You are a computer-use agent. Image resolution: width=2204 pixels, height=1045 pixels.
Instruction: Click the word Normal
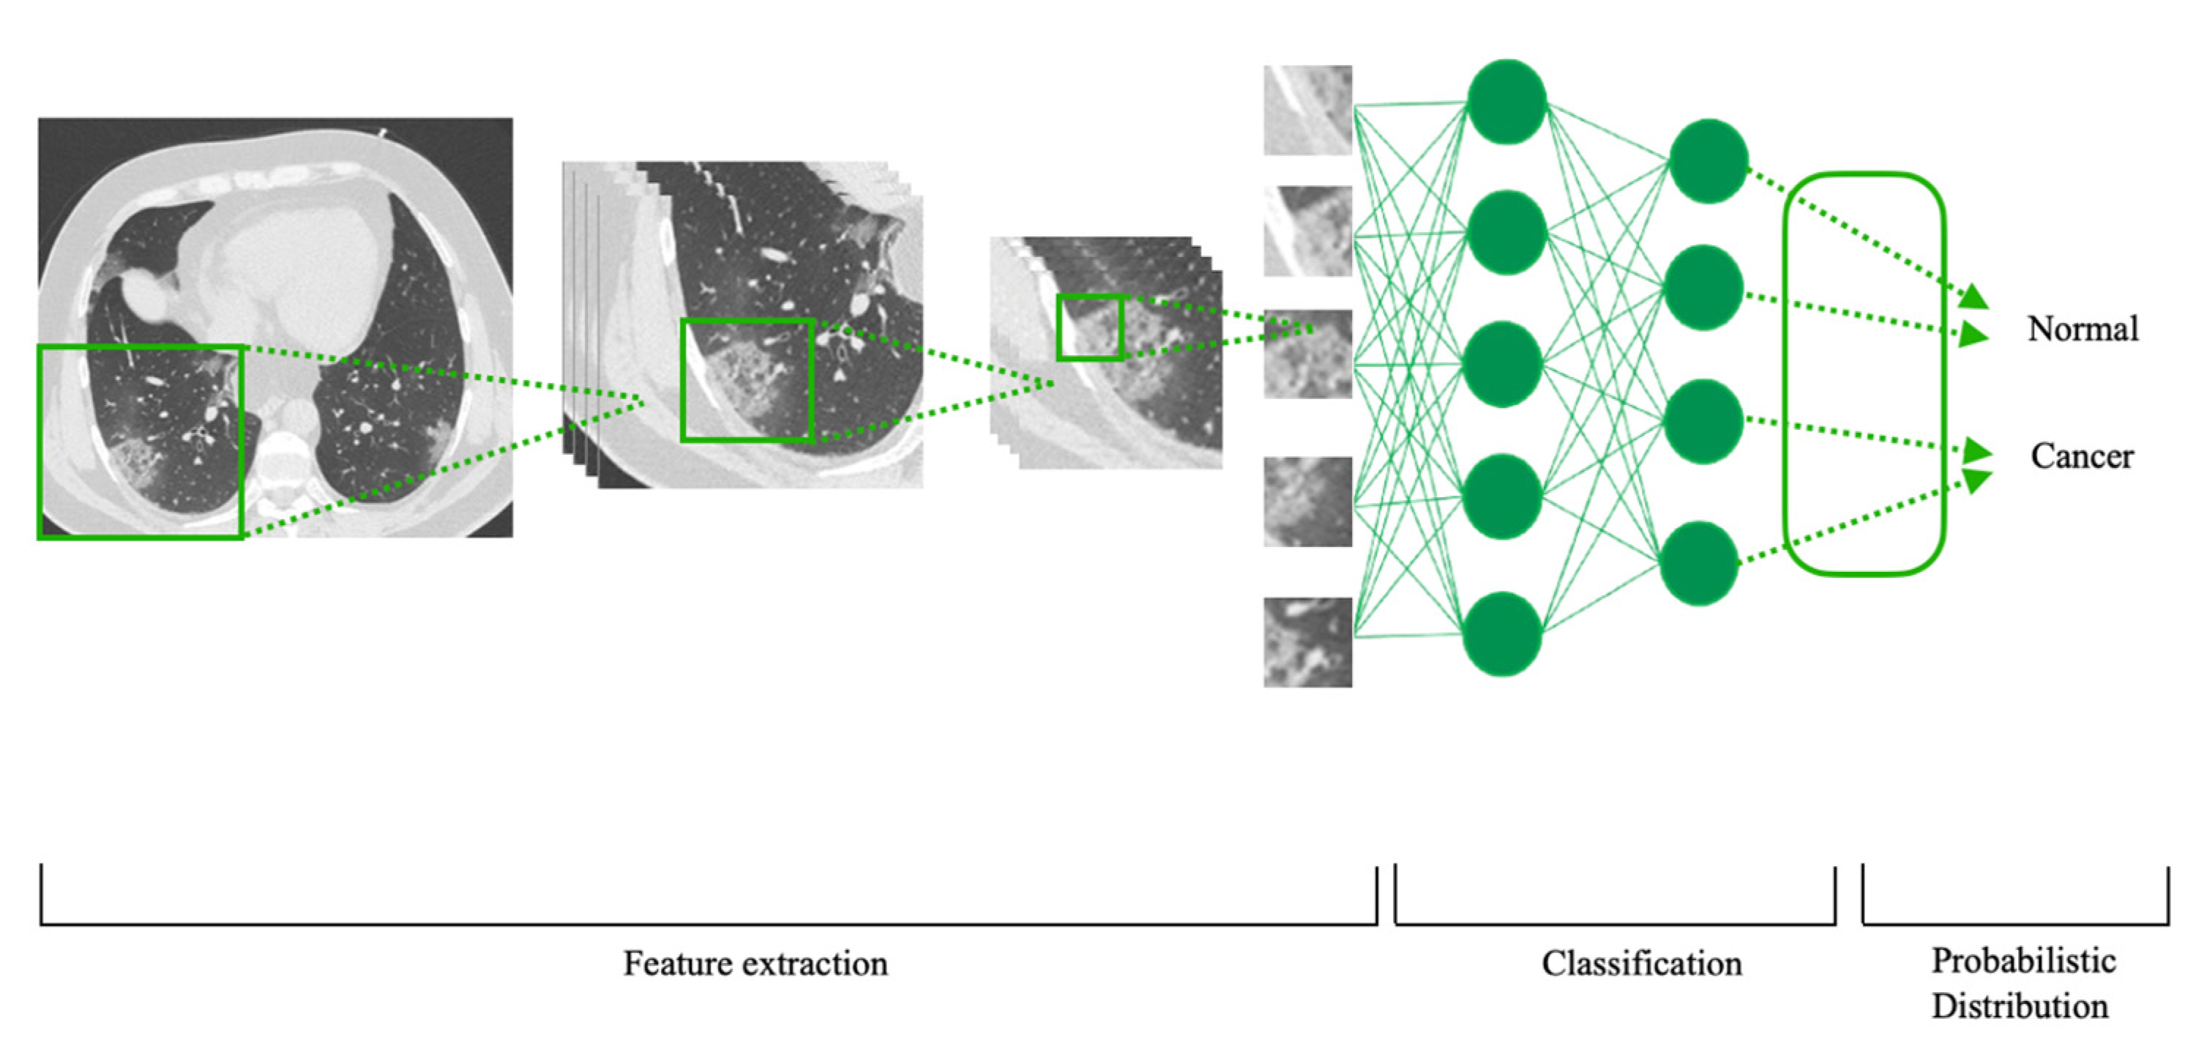tap(2082, 330)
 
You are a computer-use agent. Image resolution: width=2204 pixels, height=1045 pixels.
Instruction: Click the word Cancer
tap(2082, 456)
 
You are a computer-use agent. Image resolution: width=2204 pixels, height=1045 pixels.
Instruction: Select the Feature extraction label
tap(755, 964)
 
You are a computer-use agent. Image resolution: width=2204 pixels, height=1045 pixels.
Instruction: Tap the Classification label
tap(1641, 964)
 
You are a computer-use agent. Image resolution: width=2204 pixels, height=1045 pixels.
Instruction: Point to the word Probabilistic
tap(2023, 961)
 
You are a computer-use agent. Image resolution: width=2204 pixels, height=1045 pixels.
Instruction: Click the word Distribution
tap(2020, 1005)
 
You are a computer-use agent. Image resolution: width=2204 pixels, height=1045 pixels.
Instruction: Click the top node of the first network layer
tap(1506, 101)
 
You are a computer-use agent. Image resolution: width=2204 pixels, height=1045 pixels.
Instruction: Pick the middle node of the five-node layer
tap(1503, 364)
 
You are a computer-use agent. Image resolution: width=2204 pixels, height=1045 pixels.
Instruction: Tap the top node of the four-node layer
tap(1708, 161)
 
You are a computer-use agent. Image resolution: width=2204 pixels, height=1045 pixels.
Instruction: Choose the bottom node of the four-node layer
tap(1698, 564)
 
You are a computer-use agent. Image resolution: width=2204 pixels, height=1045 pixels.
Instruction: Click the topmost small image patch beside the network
tap(1307, 111)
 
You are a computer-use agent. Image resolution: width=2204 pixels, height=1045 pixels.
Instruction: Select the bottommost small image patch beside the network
tap(1307, 642)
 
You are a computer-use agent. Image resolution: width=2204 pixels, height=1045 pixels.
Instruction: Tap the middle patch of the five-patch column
tap(1307, 354)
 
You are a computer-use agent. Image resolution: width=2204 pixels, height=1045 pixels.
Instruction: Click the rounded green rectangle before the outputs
tap(1864, 373)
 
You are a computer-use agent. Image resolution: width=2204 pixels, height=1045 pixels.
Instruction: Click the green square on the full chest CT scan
tap(141, 442)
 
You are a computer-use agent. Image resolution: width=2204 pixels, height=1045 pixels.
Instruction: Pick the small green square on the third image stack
tap(1090, 327)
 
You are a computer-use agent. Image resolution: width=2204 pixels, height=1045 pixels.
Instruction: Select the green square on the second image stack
tap(747, 380)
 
